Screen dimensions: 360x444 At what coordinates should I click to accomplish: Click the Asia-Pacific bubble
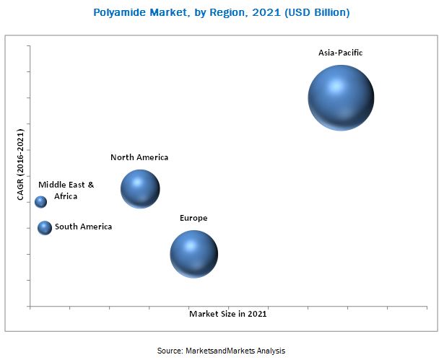pyautogui.click(x=341, y=98)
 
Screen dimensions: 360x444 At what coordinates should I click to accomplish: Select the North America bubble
pyautogui.click(x=140, y=189)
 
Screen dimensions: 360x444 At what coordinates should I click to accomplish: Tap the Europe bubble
pyautogui.click(x=193, y=254)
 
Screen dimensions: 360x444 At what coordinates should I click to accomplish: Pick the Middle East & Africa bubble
pyautogui.click(x=40, y=202)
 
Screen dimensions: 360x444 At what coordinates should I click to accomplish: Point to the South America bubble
pyautogui.click(x=45, y=228)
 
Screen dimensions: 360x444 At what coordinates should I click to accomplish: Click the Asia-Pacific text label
pyautogui.click(x=340, y=53)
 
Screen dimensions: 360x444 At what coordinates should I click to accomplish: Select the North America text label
pyautogui.click(x=139, y=157)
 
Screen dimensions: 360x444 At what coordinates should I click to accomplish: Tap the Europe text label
pyautogui.click(x=193, y=218)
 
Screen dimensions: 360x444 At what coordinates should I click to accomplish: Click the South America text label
pyautogui.click(x=84, y=227)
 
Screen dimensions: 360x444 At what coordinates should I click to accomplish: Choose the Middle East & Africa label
pyautogui.click(x=66, y=190)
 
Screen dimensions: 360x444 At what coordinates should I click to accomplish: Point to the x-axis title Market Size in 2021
pyautogui.click(x=228, y=314)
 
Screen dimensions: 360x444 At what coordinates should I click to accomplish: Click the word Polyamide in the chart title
pyautogui.click(x=118, y=12)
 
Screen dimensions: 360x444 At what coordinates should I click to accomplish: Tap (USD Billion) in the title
pyautogui.click(x=312, y=12)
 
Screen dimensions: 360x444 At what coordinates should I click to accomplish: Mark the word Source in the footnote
pyautogui.click(x=170, y=351)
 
